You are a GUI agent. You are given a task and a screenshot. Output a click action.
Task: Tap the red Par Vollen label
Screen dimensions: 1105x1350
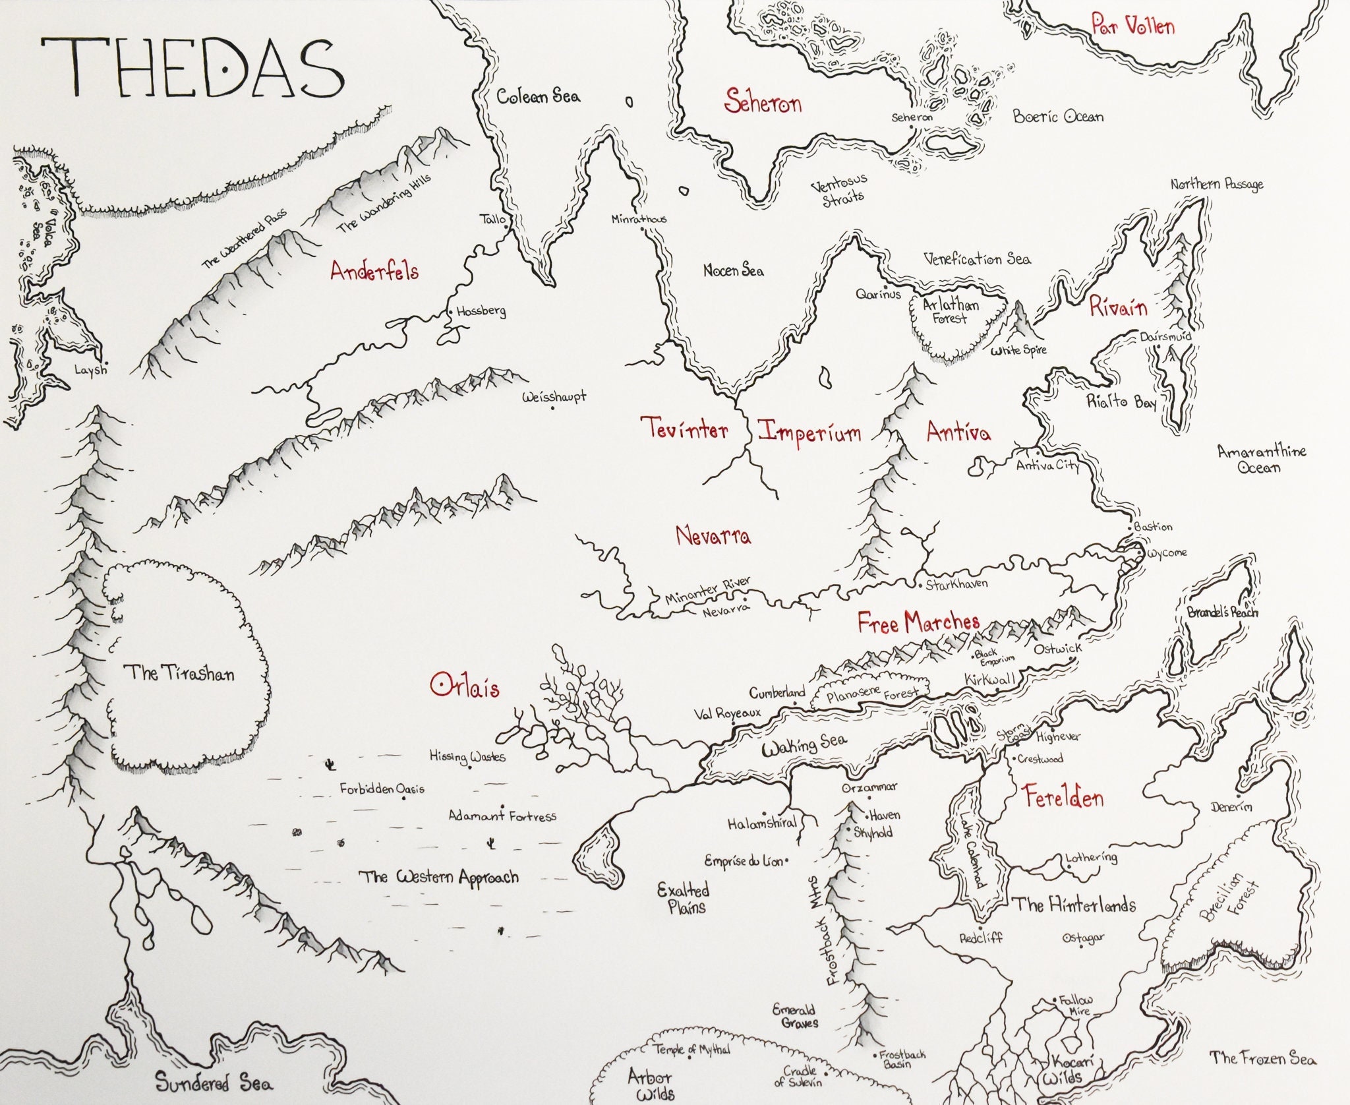pyautogui.click(x=1132, y=26)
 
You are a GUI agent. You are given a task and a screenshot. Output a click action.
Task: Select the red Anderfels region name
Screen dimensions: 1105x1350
pyautogui.click(x=374, y=271)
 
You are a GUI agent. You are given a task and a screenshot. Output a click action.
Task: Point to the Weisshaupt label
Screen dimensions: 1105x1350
pyautogui.click(x=554, y=398)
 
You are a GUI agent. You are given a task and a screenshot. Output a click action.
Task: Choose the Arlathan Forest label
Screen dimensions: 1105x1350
pyautogui.click(x=950, y=311)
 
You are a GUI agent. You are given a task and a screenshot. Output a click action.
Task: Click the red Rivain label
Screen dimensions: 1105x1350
pyautogui.click(x=1118, y=307)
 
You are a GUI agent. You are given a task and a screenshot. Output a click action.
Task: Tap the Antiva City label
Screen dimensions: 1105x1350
pyautogui.click(x=1047, y=465)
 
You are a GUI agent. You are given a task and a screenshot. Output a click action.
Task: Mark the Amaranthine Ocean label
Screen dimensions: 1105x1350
pyautogui.click(x=1261, y=460)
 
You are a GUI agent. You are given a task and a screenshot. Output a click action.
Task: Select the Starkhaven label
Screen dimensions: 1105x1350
pyautogui.click(x=956, y=584)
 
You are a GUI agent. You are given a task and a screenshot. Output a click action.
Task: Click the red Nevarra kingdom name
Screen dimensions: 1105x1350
pyautogui.click(x=713, y=535)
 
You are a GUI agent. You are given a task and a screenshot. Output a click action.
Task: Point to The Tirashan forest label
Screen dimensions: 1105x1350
pyautogui.click(x=179, y=673)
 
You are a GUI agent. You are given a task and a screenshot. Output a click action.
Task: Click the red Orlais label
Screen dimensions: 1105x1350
pyautogui.click(x=465, y=686)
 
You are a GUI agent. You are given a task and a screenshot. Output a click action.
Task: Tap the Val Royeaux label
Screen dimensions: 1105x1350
pyautogui.click(x=727, y=713)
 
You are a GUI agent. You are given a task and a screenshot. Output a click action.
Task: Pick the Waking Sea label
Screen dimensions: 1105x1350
pyautogui.click(x=804, y=745)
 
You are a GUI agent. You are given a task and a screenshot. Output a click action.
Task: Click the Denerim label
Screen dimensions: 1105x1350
pyautogui.click(x=1231, y=806)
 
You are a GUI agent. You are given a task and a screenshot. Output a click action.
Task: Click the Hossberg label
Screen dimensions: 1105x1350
pyautogui.click(x=481, y=311)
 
